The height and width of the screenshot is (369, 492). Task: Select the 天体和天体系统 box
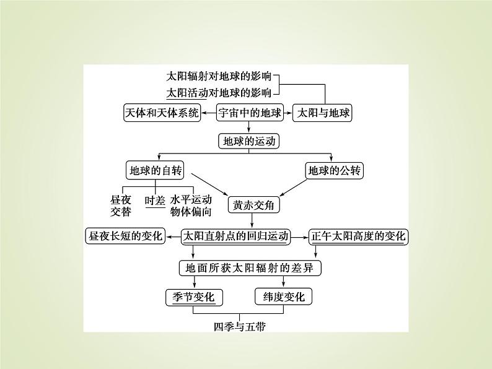pos(162,113)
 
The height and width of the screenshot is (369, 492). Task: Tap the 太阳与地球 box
pos(322,113)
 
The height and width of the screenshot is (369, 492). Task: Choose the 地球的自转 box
pos(152,170)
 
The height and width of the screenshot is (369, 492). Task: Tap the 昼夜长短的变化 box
pos(125,236)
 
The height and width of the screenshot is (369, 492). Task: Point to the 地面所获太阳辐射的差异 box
pos(250,268)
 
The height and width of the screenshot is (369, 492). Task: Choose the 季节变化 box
pos(193,297)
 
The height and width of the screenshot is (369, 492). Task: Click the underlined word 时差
pos(154,200)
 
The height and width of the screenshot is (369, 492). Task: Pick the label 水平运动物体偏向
pos(191,206)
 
